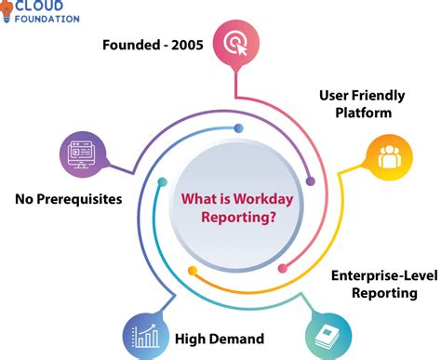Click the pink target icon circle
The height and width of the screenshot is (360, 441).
click(x=232, y=42)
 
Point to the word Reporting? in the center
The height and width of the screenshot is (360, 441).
click(x=242, y=215)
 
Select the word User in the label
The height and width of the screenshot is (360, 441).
click(x=337, y=94)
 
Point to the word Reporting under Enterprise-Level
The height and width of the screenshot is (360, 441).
click(x=383, y=293)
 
